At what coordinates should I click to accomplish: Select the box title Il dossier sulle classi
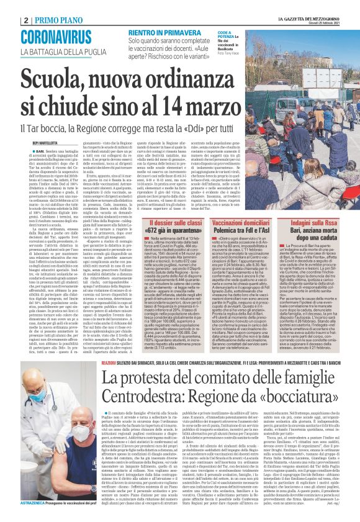pyautogui.click(x=147, y=222)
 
